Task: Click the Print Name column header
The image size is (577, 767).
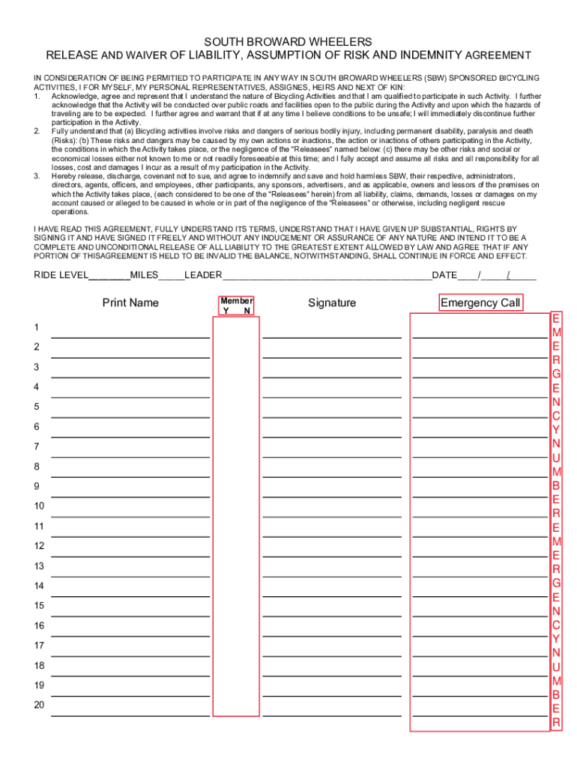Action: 130,303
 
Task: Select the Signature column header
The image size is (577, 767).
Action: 332,303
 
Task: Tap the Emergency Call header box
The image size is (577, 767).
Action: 480,303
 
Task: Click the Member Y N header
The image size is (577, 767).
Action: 236,305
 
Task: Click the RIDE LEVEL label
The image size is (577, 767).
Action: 61,275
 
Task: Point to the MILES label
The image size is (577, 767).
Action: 144,275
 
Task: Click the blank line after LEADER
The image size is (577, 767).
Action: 327,276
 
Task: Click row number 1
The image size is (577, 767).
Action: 36,327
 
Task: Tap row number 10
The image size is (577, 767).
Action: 39,506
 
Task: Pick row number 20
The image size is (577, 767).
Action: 39,705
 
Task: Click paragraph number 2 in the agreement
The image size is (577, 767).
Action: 37,131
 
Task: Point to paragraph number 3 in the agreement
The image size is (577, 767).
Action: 37,176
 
